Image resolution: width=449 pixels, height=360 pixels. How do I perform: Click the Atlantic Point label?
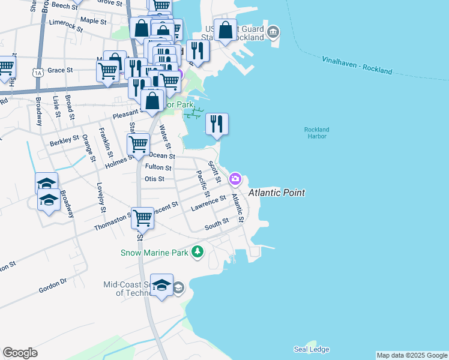pos(277,193)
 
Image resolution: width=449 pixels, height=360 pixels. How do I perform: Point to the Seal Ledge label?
pos(312,349)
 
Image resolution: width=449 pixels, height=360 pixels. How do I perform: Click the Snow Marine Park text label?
pos(154,253)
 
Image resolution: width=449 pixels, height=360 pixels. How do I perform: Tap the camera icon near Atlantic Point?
pos(235,178)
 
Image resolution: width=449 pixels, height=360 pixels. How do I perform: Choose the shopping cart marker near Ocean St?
pos(139,144)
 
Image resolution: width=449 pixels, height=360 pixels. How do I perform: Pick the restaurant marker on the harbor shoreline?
pos(217,124)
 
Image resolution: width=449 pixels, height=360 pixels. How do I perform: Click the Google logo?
pos(20,353)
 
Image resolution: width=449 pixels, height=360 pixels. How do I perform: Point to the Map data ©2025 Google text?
pos(412,355)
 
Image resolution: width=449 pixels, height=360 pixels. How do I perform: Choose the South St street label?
pos(216,224)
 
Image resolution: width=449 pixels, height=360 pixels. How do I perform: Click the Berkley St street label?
pos(65,139)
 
